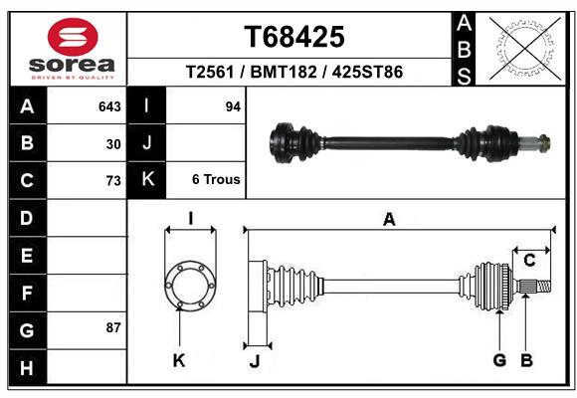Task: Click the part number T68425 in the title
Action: tap(294, 37)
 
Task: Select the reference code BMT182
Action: tap(294, 73)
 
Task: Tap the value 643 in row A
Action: tap(109, 105)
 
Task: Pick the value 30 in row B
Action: tap(113, 143)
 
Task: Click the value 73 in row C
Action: tap(113, 181)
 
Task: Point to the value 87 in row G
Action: tap(113, 327)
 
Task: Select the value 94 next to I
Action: tap(234, 105)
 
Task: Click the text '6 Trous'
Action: tap(216, 181)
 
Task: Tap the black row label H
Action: tap(27, 368)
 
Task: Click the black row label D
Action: tap(27, 217)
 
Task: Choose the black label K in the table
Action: tap(147, 180)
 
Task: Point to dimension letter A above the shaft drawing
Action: tap(389, 220)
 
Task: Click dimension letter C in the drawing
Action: tap(530, 261)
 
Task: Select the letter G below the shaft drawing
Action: tap(499, 360)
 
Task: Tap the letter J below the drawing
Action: tap(254, 361)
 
